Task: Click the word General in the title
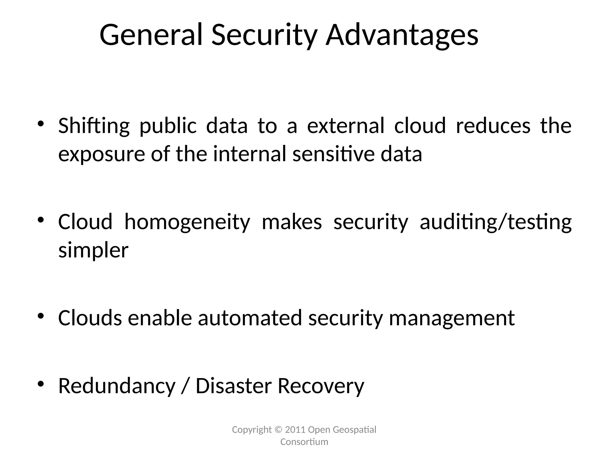pyautogui.click(x=151, y=35)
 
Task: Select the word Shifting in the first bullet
pyautogui.click(x=94, y=126)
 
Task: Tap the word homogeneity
pyautogui.click(x=187, y=222)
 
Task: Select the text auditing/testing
pyautogui.click(x=495, y=222)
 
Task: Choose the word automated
pyautogui.click(x=250, y=318)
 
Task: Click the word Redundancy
pyautogui.click(x=117, y=387)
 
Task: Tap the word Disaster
pyautogui.click(x=233, y=386)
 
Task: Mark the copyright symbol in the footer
pyautogui.click(x=278, y=430)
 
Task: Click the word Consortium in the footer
pyautogui.click(x=304, y=442)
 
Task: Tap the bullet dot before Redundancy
pyautogui.click(x=41, y=384)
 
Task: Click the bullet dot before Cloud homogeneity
pyautogui.click(x=41, y=220)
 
